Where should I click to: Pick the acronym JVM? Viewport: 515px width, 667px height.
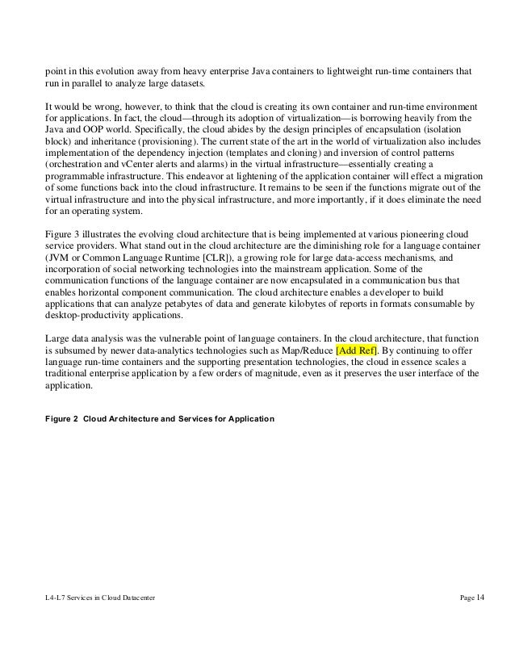tap(60, 257)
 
